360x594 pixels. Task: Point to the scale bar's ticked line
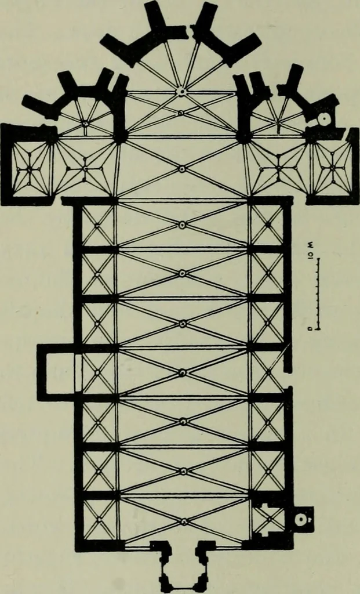318,294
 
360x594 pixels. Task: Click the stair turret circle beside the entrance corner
301,520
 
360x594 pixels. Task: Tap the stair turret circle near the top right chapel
325,119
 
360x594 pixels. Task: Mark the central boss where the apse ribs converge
181,91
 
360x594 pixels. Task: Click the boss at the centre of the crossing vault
182,168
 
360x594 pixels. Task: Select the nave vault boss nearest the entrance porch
184,521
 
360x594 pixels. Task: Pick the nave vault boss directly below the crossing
182,224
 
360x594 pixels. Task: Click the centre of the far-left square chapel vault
29,170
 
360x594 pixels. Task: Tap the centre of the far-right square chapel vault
333,168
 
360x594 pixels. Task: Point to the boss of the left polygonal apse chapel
86,123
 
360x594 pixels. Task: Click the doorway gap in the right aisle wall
289,379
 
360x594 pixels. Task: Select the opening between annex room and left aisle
78,373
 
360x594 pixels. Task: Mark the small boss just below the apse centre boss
181,113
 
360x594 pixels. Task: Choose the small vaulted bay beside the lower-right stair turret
269,519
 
